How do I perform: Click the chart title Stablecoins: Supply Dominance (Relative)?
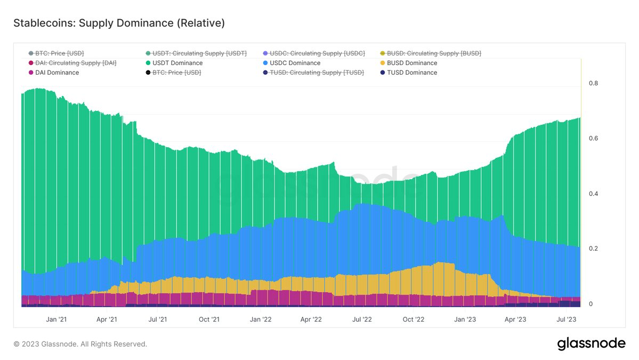point(118,23)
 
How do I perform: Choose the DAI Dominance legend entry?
point(56,73)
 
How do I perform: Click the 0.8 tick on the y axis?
point(593,83)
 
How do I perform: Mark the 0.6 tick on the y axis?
point(593,139)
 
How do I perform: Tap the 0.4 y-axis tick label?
point(593,194)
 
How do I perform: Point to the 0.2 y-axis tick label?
point(593,249)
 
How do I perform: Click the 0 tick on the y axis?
point(591,304)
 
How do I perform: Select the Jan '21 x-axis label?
point(56,319)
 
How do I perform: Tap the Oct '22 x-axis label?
point(413,319)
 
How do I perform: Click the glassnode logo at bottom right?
point(591,344)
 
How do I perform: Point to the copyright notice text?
point(80,344)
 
